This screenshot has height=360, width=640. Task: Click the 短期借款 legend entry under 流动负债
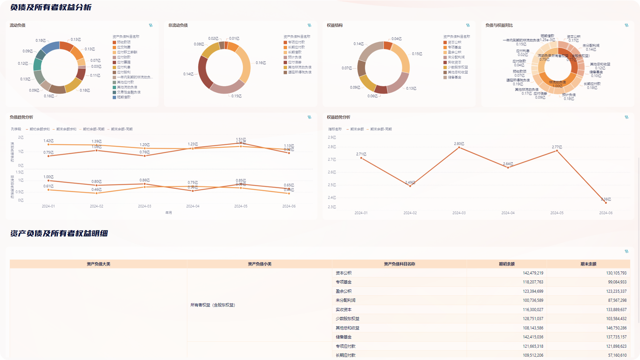pos(124,97)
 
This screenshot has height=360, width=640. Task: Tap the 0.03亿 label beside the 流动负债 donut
pos(96,67)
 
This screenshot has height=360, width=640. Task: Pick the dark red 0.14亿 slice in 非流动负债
pos(202,72)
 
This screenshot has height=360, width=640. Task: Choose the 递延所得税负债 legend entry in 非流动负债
pos(300,72)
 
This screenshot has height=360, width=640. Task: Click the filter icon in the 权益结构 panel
pos(468,25)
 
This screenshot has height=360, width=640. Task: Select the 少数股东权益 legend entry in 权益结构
pos(458,67)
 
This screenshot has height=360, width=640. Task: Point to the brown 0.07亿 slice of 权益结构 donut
pos(361,68)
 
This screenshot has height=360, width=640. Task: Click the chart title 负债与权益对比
pos(499,25)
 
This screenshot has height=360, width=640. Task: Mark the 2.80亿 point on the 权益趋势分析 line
pos(459,148)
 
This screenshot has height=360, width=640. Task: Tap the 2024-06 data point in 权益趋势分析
pos(606,203)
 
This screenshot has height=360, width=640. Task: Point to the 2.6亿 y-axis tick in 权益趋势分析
pos(332,172)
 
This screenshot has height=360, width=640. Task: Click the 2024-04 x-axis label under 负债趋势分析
pos(193,206)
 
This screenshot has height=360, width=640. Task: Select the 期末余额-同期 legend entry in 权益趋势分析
pos(381,129)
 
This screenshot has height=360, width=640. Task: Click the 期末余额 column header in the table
pos(588,264)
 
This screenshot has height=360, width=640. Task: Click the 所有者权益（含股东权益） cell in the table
pos(213,305)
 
